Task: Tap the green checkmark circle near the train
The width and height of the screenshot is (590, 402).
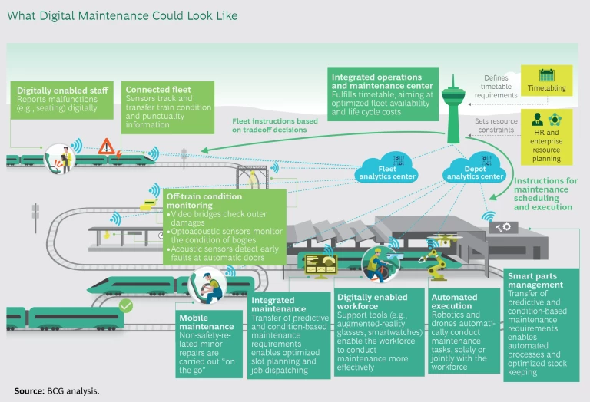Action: pos(125,306)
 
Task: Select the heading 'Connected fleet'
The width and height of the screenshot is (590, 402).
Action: pos(158,91)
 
